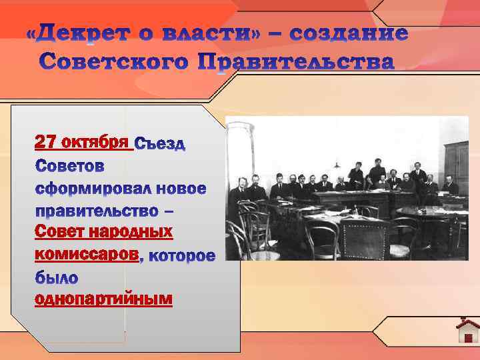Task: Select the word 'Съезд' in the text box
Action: [x=160, y=144]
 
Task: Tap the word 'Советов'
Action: [x=69, y=165]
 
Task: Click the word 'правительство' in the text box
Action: [x=94, y=211]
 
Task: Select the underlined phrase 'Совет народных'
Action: [x=103, y=232]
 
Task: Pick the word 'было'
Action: [x=57, y=277]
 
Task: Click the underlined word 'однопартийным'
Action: [x=103, y=300]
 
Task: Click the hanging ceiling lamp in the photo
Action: [x=337, y=163]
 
